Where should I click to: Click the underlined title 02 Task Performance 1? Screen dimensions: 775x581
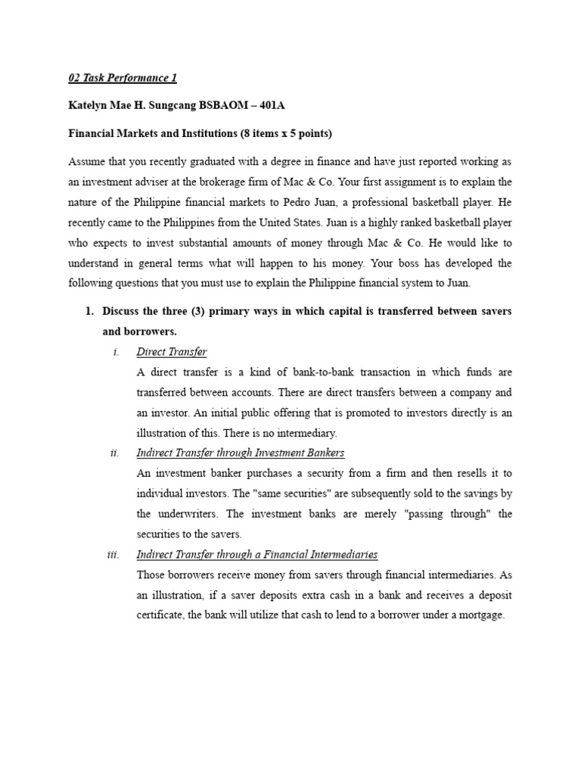pyautogui.click(x=123, y=78)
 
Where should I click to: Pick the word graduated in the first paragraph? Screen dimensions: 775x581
pyautogui.click(x=216, y=162)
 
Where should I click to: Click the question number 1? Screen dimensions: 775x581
pyautogui.click(x=89, y=311)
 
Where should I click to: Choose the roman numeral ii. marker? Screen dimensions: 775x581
pyautogui.click(x=114, y=453)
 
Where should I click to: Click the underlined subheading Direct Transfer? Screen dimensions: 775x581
pyautogui.click(x=171, y=352)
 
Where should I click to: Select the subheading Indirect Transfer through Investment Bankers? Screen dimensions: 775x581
pyautogui.click(x=240, y=453)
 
